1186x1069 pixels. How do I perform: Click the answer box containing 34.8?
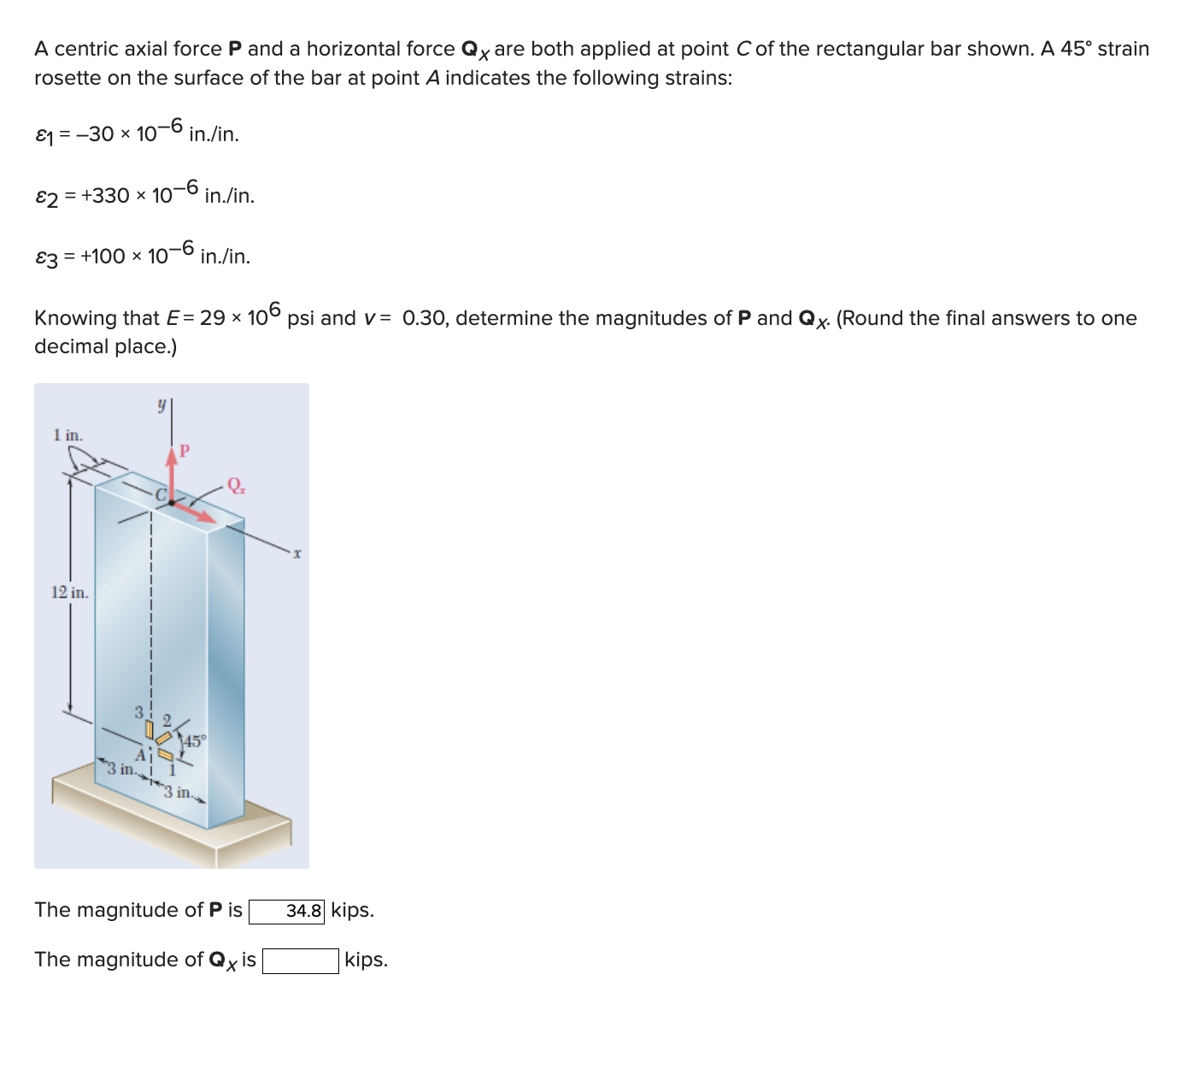click(286, 911)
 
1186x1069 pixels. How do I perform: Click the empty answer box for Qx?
click(300, 961)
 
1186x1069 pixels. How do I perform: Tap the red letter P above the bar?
click(184, 450)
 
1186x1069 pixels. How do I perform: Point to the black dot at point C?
click(172, 503)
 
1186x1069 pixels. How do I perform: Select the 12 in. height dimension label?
click(69, 592)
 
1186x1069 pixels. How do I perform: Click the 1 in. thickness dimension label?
click(68, 434)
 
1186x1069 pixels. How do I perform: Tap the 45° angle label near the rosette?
click(194, 741)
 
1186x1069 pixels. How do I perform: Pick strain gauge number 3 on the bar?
click(149, 730)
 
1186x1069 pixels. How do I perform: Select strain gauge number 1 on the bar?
click(166, 755)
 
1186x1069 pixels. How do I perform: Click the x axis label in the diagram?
click(296, 554)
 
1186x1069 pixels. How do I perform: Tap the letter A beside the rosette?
click(142, 755)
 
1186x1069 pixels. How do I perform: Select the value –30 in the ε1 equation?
click(94, 134)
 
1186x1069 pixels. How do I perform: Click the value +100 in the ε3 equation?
click(103, 257)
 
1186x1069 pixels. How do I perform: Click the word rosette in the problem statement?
click(68, 78)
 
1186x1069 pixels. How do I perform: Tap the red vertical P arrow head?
click(172, 456)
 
